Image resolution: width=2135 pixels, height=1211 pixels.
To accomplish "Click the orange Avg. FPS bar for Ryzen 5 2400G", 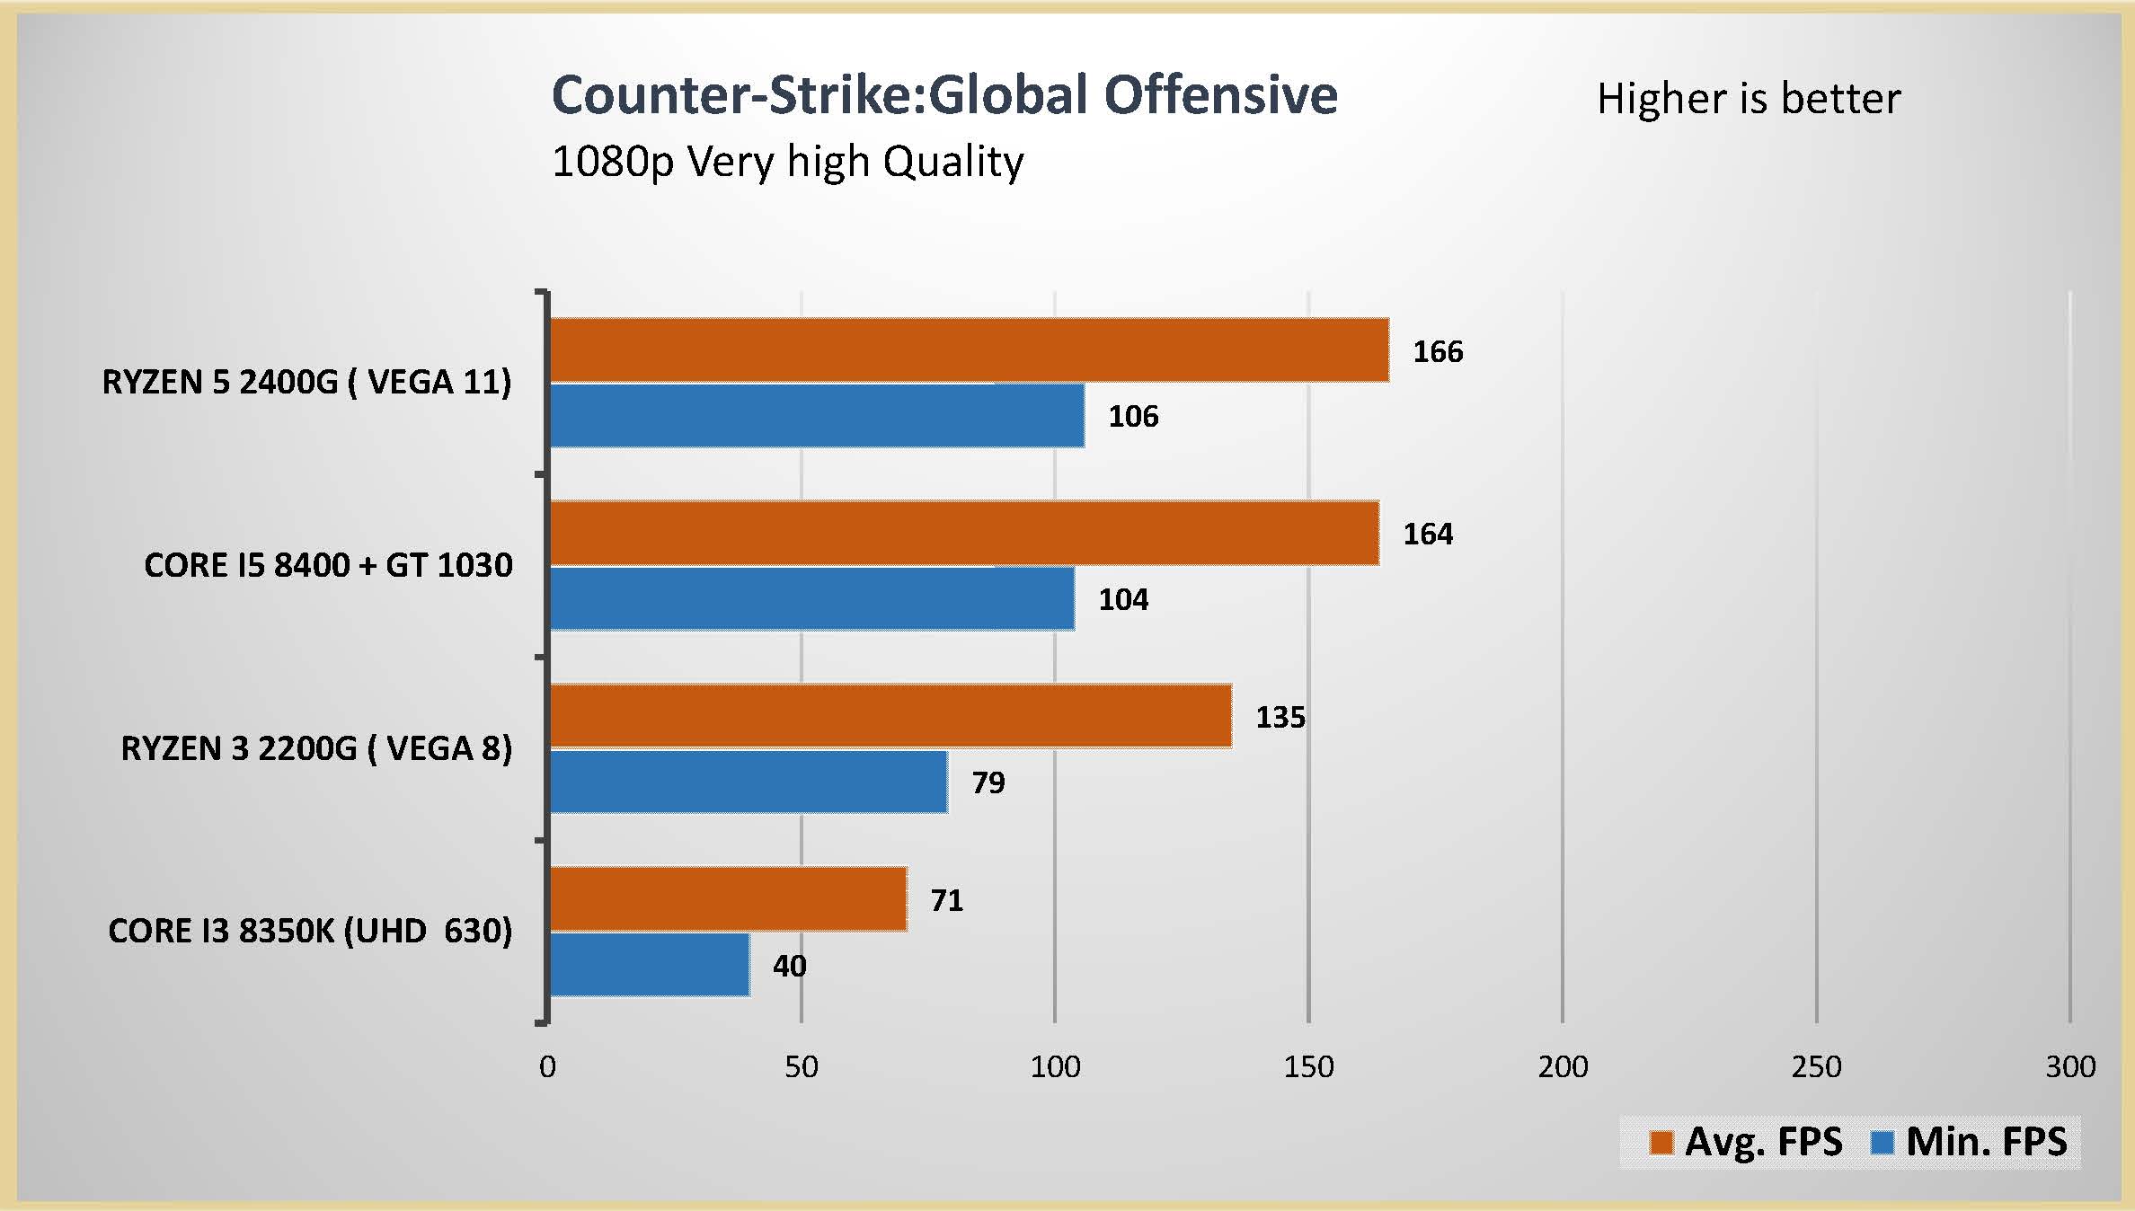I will pos(969,349).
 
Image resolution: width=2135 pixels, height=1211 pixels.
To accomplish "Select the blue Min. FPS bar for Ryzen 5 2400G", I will pos(816,415).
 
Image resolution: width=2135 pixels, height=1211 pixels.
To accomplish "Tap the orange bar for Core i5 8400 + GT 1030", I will pos(963,533).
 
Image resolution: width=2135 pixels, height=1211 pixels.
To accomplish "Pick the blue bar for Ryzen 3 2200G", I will pos(748,782).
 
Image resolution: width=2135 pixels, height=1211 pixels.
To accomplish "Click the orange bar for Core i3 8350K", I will pos(728,898).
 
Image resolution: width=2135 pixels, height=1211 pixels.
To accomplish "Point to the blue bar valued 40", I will pos(649,965).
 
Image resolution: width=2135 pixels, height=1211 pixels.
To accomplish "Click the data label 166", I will pos(1438,351).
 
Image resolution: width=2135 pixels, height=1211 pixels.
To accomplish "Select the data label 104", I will pos(1123,599).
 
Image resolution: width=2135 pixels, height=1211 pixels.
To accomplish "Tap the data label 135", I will pos(1280,717).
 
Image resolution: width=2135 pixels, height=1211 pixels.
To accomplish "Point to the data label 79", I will pos(988,782).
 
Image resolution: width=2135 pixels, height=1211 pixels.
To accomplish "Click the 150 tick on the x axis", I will pos(1308,1066).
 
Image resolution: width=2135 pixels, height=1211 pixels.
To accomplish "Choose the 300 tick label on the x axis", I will pos(2070,1066).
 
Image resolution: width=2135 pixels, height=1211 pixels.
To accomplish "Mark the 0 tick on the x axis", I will pos(547,1066).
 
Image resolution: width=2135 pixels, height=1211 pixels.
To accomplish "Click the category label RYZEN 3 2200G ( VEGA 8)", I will pos(316,748).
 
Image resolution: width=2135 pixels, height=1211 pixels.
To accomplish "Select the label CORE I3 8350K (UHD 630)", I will pos(310,931).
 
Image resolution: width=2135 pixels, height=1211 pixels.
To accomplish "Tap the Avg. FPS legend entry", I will pos(1746,1142).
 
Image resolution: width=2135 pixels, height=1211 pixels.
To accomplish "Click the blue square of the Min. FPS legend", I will pos(1882,1143).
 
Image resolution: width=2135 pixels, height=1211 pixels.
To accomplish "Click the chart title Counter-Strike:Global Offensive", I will pos(944,95).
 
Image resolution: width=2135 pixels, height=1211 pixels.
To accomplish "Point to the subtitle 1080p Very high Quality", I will pos(787,163).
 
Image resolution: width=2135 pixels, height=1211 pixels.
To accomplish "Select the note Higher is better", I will pos(1749,99).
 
